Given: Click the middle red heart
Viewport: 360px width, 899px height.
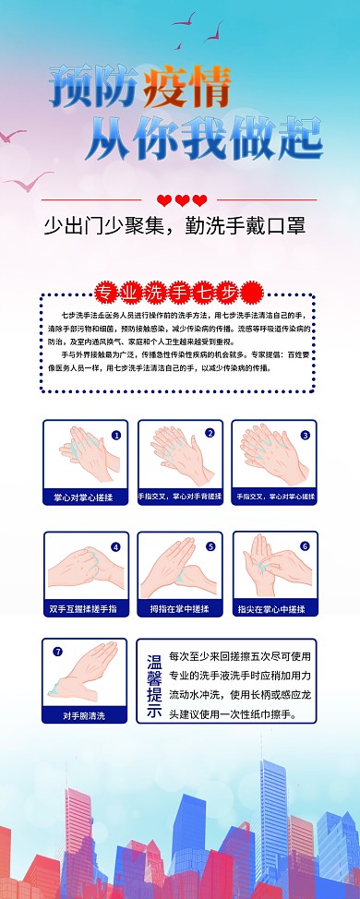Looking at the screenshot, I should (x=182, y=200).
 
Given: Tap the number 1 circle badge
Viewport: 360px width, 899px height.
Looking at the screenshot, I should (x=116, y=434).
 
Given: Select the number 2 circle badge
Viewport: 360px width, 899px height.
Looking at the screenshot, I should (x=210, y=433).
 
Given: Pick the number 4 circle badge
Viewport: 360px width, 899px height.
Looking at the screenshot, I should (x=116, y=546).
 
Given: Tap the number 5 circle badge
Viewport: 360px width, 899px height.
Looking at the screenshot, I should (x=210, y=546).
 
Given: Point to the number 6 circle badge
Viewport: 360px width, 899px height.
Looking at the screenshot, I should (x=305, y=545).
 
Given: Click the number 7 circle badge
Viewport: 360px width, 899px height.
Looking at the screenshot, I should (x=57, y=652).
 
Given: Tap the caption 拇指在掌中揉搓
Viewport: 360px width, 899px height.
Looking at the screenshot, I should (x=180, y=609).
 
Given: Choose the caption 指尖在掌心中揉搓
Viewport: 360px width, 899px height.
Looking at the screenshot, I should (x=274, y=609).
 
